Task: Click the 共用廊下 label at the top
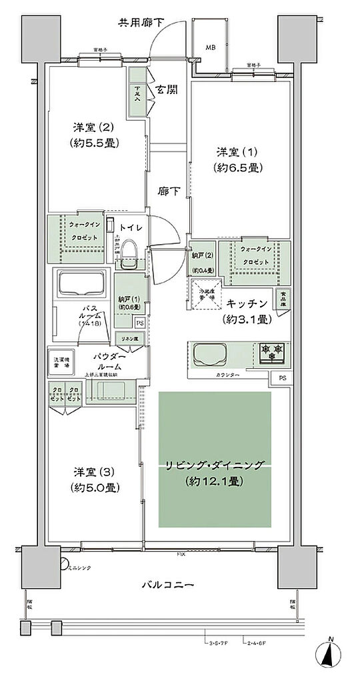pyautogui.click(x=141, y=22)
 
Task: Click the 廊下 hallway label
pyautogui.click(x=167, y=191)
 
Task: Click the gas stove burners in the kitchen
pyautogui.click(x=272, y=352)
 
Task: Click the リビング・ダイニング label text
pyautogui.click(x=215, y=465)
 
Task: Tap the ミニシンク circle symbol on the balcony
pyautogui.click(x=64, y=561)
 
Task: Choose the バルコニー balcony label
pyautogui.click(x=167, y=585)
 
